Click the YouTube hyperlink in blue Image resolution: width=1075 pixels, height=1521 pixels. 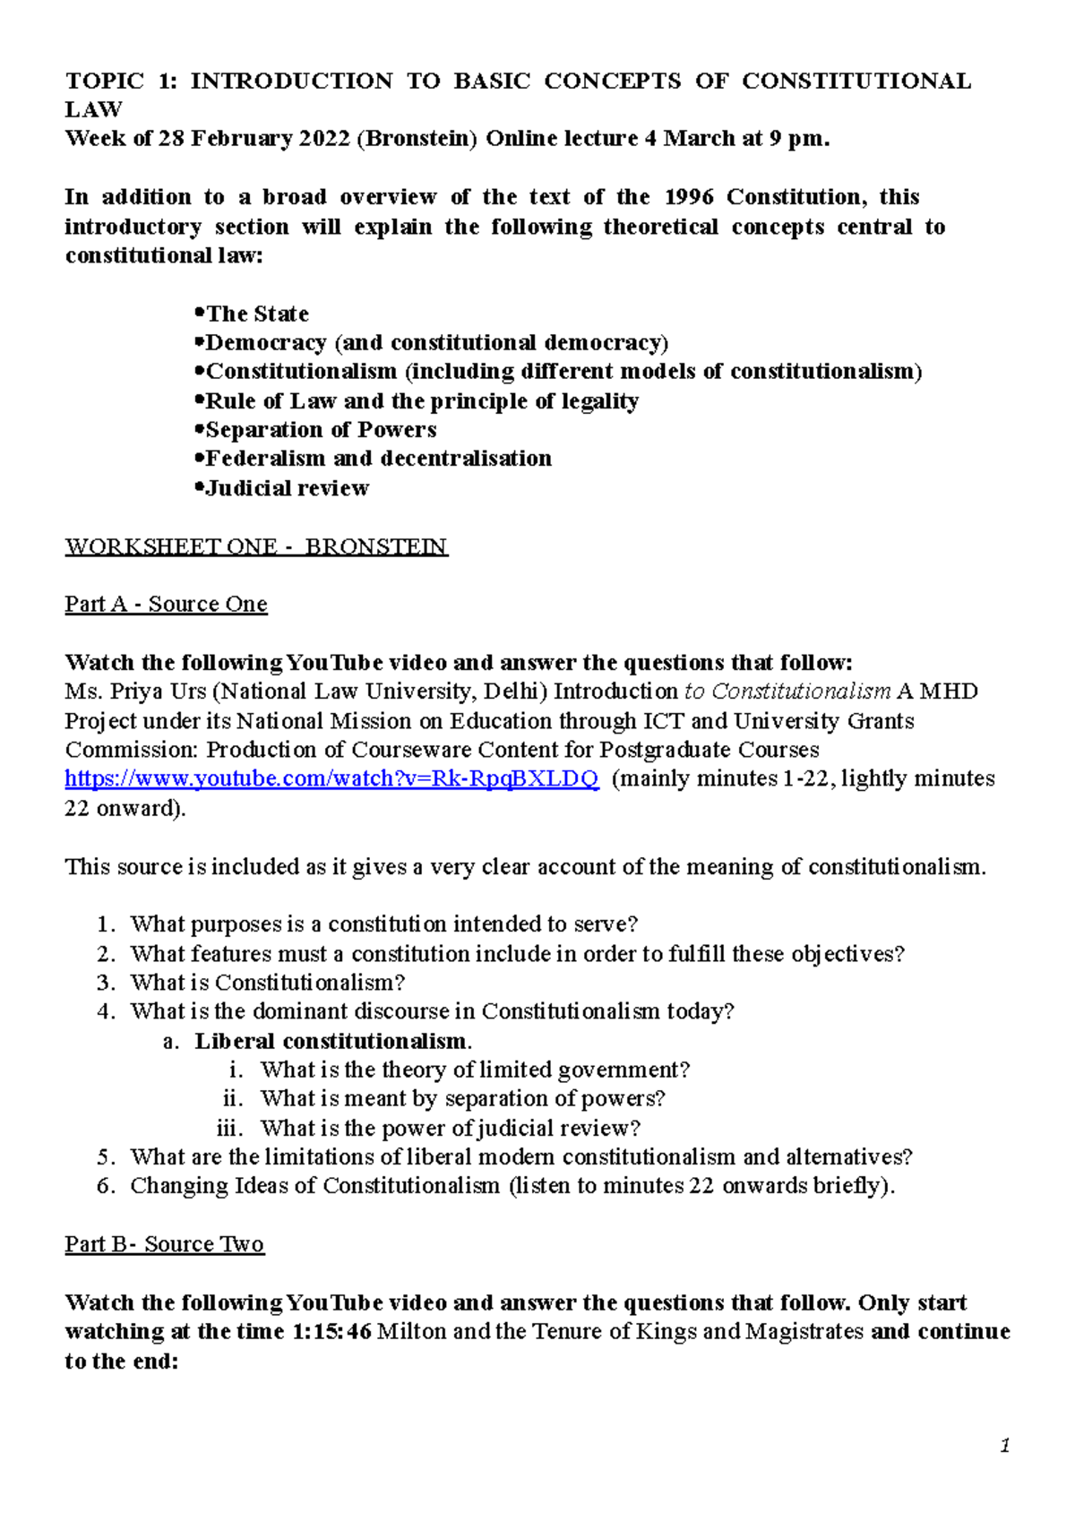[331, 778]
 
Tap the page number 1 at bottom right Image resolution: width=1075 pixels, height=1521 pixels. [1005, 1446]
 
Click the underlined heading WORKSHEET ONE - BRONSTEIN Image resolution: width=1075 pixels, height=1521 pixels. [255, 546]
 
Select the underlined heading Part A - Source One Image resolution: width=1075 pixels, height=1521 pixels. [166, 604]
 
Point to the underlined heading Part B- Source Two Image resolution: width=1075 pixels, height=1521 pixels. [164, 1243]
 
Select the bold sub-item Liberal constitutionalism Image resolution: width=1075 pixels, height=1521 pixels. [332, 1041]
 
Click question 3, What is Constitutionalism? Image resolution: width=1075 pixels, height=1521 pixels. [267, 982]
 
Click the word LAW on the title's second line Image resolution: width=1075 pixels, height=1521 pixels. [93, 109]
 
